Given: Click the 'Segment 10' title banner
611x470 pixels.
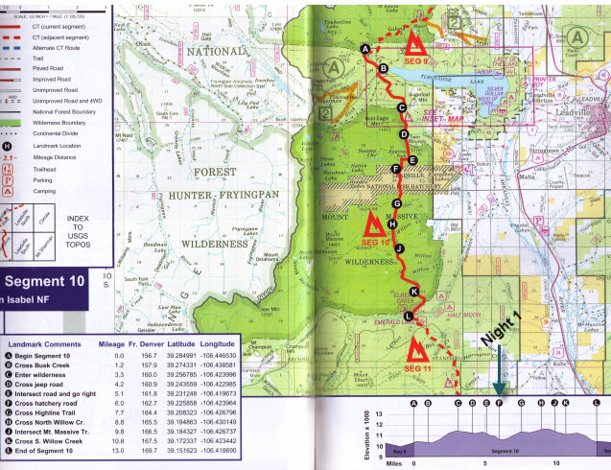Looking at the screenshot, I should coord(47,281).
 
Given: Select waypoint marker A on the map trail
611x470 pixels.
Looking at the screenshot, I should coord(364,48).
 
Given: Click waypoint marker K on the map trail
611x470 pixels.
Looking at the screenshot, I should coord(414,291).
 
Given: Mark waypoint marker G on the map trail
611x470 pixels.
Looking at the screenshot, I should coord(396,203).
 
